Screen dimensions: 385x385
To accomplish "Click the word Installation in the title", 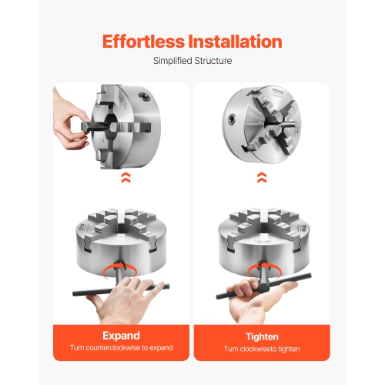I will click(x=237, y=41).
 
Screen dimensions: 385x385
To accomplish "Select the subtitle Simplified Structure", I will click(x=192, y=61).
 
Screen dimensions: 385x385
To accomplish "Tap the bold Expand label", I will click(x=122, y=336).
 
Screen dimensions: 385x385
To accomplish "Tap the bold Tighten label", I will click(x=263, y=336).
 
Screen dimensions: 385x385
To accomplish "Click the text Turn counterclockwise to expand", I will click(x=122, y=349).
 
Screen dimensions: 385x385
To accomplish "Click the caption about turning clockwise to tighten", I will click(x=263, y=349).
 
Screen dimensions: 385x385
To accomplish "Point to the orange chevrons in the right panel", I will click(x=263, y=178).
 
